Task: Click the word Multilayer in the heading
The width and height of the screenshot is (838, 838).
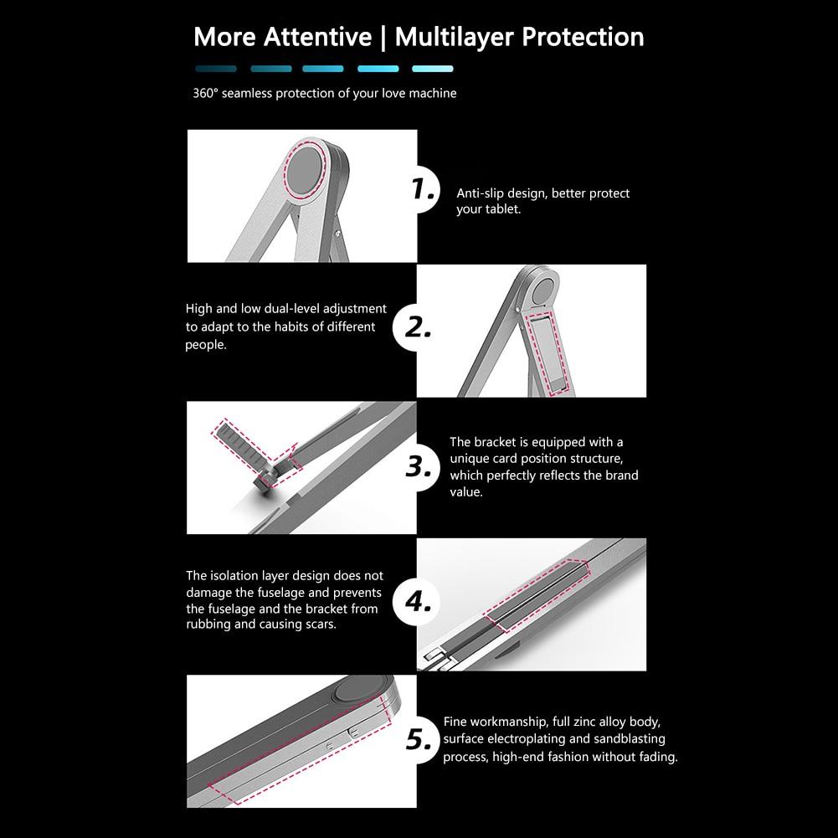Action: [x=455, y=38]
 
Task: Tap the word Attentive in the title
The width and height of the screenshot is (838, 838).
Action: [x=317, y=37]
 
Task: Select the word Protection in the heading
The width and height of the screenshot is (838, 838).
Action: [x=583, y=37]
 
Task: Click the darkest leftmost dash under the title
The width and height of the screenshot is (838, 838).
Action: [x=216, y=69]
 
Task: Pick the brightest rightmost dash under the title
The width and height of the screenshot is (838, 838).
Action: [x=432, y=69]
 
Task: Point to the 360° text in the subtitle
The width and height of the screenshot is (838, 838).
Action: [x=205, y=93]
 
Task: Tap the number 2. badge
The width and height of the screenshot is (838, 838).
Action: [x=417, y=327]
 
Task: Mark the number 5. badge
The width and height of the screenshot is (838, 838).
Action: [x=419, y=740]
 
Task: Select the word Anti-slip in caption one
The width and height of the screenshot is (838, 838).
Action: [x=480, y=193]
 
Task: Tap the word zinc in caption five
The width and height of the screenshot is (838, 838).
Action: [x=584, y=722]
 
